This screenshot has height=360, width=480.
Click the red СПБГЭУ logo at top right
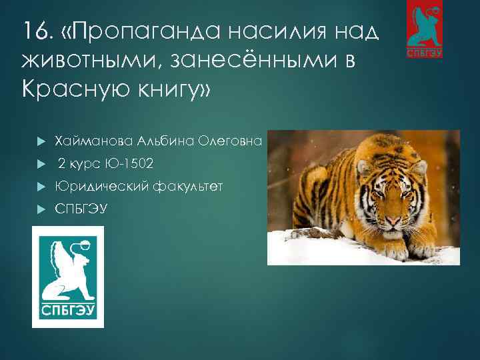click(425, 29)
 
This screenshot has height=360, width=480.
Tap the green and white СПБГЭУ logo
click(68, 277)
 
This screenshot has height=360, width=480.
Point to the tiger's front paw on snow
click(397, 251)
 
